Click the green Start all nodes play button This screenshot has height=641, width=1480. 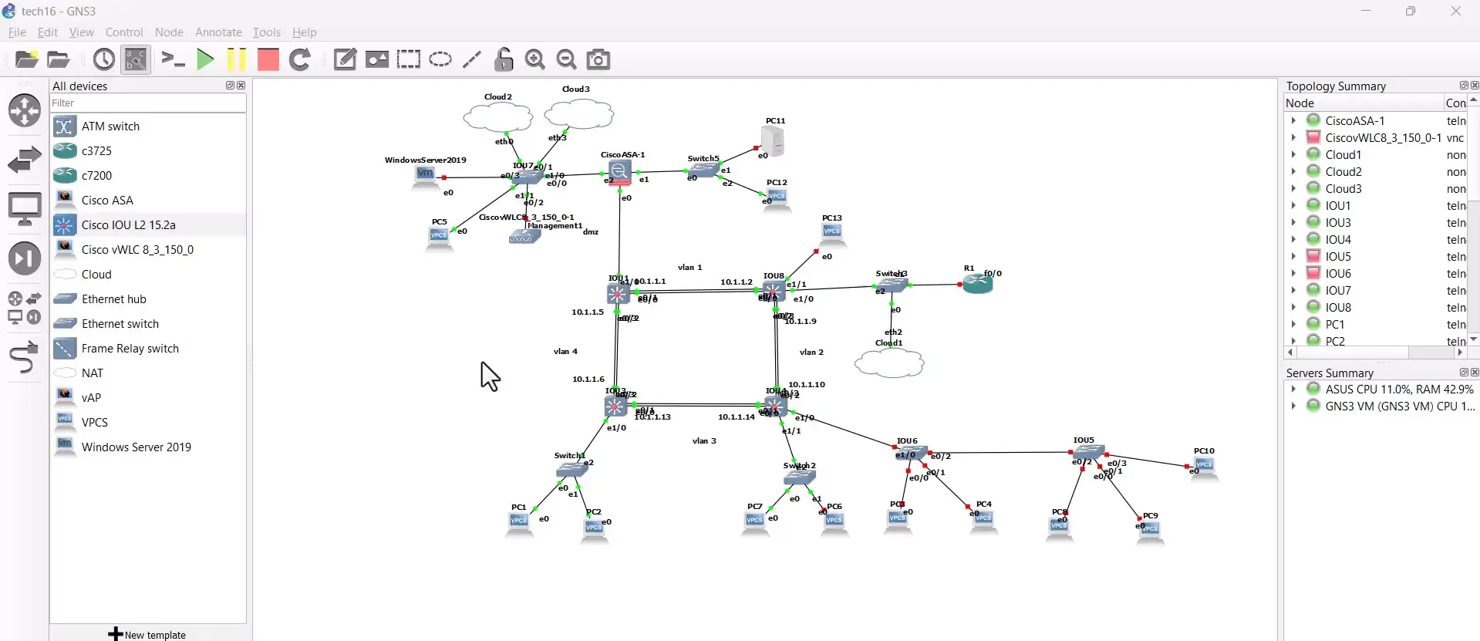tap(205, 59)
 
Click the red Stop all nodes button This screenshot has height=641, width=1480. tap(268, 59)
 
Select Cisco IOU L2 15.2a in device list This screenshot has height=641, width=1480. tap(128, 225)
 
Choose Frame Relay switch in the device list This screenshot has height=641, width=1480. tap(130, 349)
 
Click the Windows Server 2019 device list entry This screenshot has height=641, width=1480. tap(136, 447)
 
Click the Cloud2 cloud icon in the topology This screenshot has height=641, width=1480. tap(497, 117)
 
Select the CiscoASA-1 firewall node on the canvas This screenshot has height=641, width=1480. tap(619, 171)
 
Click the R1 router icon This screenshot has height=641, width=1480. tap(977, 284)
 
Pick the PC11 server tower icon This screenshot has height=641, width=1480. tap(772, 141)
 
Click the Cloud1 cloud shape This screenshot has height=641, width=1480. tap(889, 363)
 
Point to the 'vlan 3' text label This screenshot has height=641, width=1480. tap(704, 441)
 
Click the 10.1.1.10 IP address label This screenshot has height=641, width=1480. tap(807, 384)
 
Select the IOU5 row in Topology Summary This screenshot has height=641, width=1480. tap(1338, 257)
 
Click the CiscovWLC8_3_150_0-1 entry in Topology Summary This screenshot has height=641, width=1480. tap(1383, 138)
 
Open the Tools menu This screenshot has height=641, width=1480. tap(266, 32)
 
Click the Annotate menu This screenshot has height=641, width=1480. tap(218, 32)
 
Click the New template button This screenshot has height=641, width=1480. tap(147, 635)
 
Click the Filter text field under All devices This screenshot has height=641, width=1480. tap(147, 103)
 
